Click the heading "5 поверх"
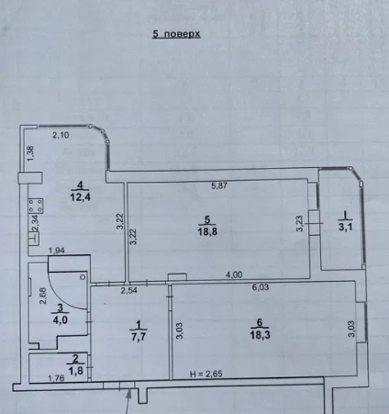176,34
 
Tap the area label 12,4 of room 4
81,197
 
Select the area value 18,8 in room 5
207,231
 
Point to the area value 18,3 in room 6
260,335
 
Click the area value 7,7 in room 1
139,337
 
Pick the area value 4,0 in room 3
61,320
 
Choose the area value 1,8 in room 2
75,371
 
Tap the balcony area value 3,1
346,227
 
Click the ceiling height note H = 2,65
206,374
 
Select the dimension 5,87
219,185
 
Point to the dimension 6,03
261,287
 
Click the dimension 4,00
234,274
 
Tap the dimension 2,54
129,290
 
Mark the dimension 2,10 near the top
61,135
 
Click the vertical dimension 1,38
31,153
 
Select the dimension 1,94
57,251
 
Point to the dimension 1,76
56,378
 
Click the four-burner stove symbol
36,206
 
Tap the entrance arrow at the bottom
128,401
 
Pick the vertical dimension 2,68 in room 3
43,296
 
